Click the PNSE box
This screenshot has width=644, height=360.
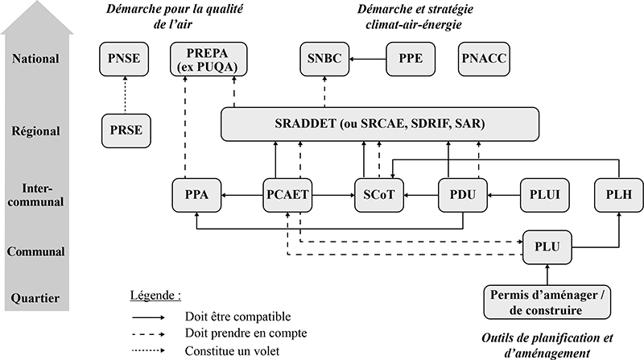tap(124, 59)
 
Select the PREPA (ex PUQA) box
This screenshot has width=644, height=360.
tap(208, 59)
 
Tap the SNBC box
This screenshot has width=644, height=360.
tap(324, 59)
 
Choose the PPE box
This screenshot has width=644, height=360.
tap(411, 59)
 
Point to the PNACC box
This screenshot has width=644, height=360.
tap(484, 59)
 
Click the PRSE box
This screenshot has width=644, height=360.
tap(126, 130)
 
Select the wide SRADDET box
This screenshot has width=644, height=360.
tap(380, 124)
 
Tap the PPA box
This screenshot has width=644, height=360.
tap(196, 195)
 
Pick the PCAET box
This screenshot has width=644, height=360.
tap(287, 195)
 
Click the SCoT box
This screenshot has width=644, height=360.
tap(379, 195)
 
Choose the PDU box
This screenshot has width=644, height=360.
tap(462, 195)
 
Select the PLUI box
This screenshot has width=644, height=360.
tap(545, 195)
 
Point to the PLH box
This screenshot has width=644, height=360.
tap(619, 195)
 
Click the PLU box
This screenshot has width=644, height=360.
tap(547, 247)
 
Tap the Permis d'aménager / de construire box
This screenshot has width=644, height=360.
tap(547, 302)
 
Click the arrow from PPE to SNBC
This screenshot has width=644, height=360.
tap(368, 59)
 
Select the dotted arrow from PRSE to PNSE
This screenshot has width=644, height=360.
tap(125, 95)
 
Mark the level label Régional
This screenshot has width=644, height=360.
tap(35, 131)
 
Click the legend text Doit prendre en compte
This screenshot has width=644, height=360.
tap(246, 333)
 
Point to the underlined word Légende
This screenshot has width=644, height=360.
tap(152, 296)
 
